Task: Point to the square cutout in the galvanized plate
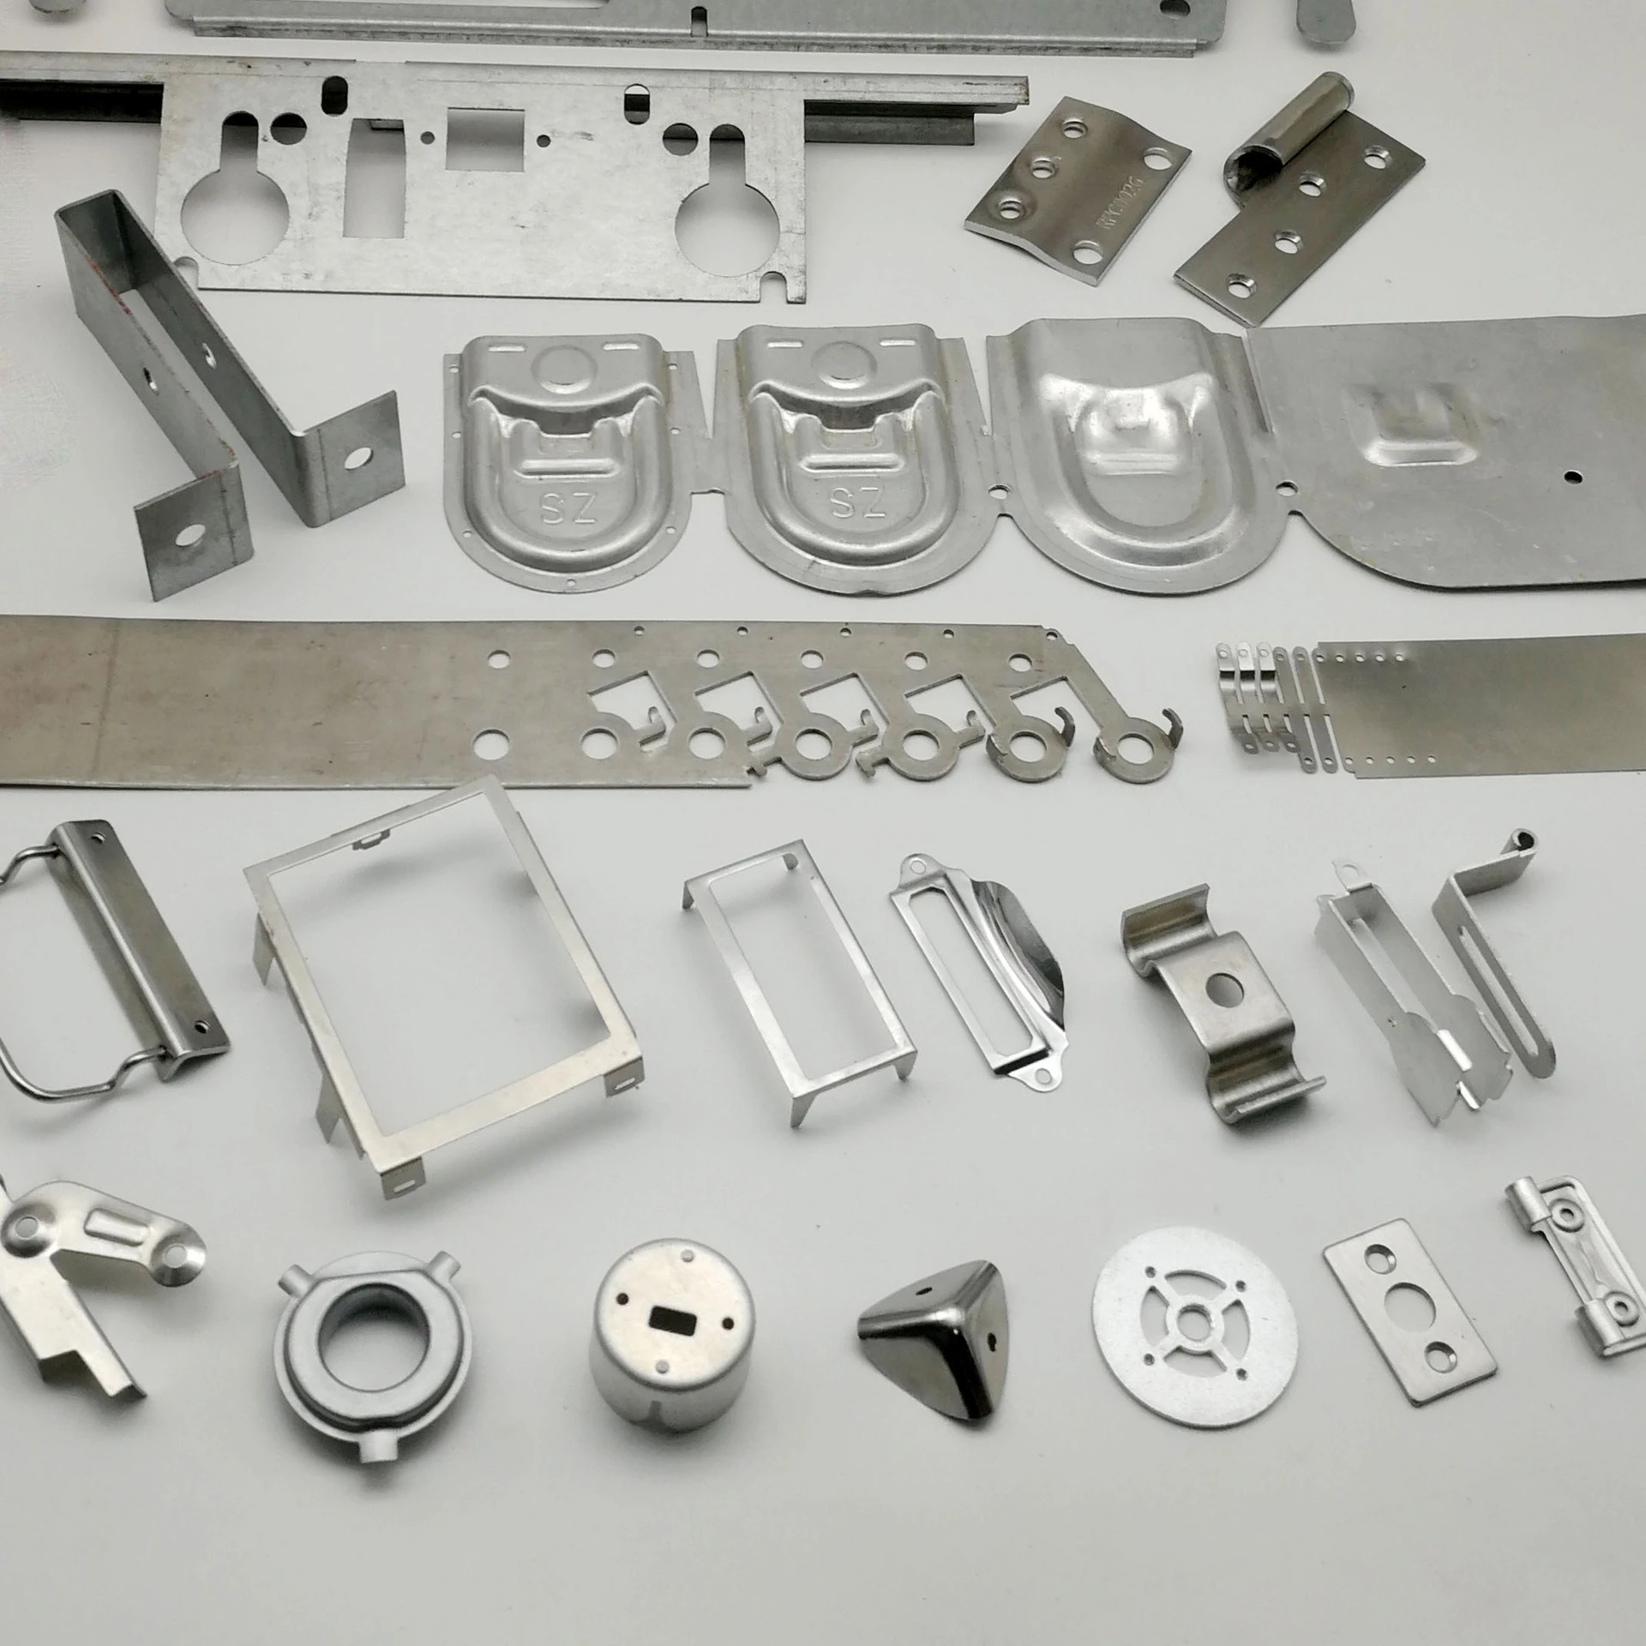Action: (485, 142)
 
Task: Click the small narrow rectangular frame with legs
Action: (798, 970)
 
